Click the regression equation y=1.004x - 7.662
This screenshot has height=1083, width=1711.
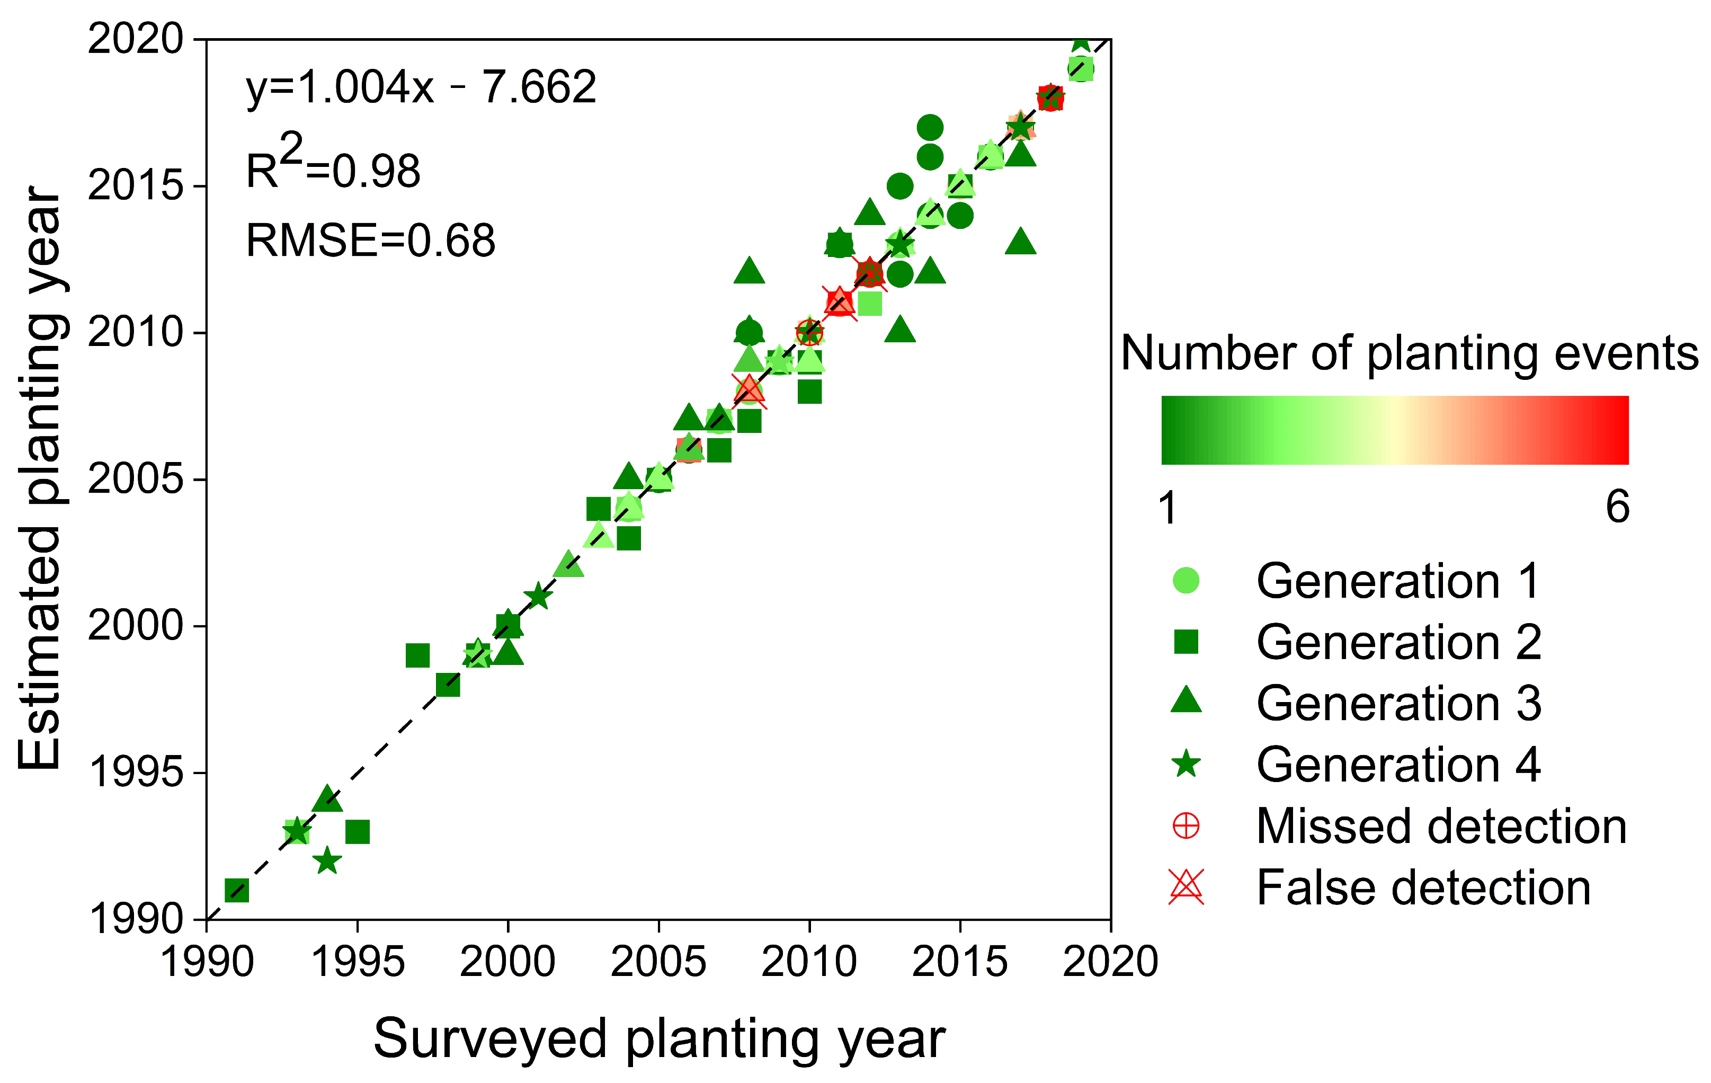point(421,88)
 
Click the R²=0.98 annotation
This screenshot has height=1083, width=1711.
point(333,165)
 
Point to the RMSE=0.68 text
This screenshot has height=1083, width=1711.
point(370,240)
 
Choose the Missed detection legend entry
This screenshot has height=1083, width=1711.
point(1440,827)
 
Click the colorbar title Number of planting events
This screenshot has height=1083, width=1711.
point(1409,353)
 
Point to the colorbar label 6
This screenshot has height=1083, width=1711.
point(1617,508)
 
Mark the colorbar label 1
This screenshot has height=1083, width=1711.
point(1168,508)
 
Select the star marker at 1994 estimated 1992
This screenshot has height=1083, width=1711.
point(327,862)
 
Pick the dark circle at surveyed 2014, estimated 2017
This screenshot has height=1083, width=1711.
point(930,128)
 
